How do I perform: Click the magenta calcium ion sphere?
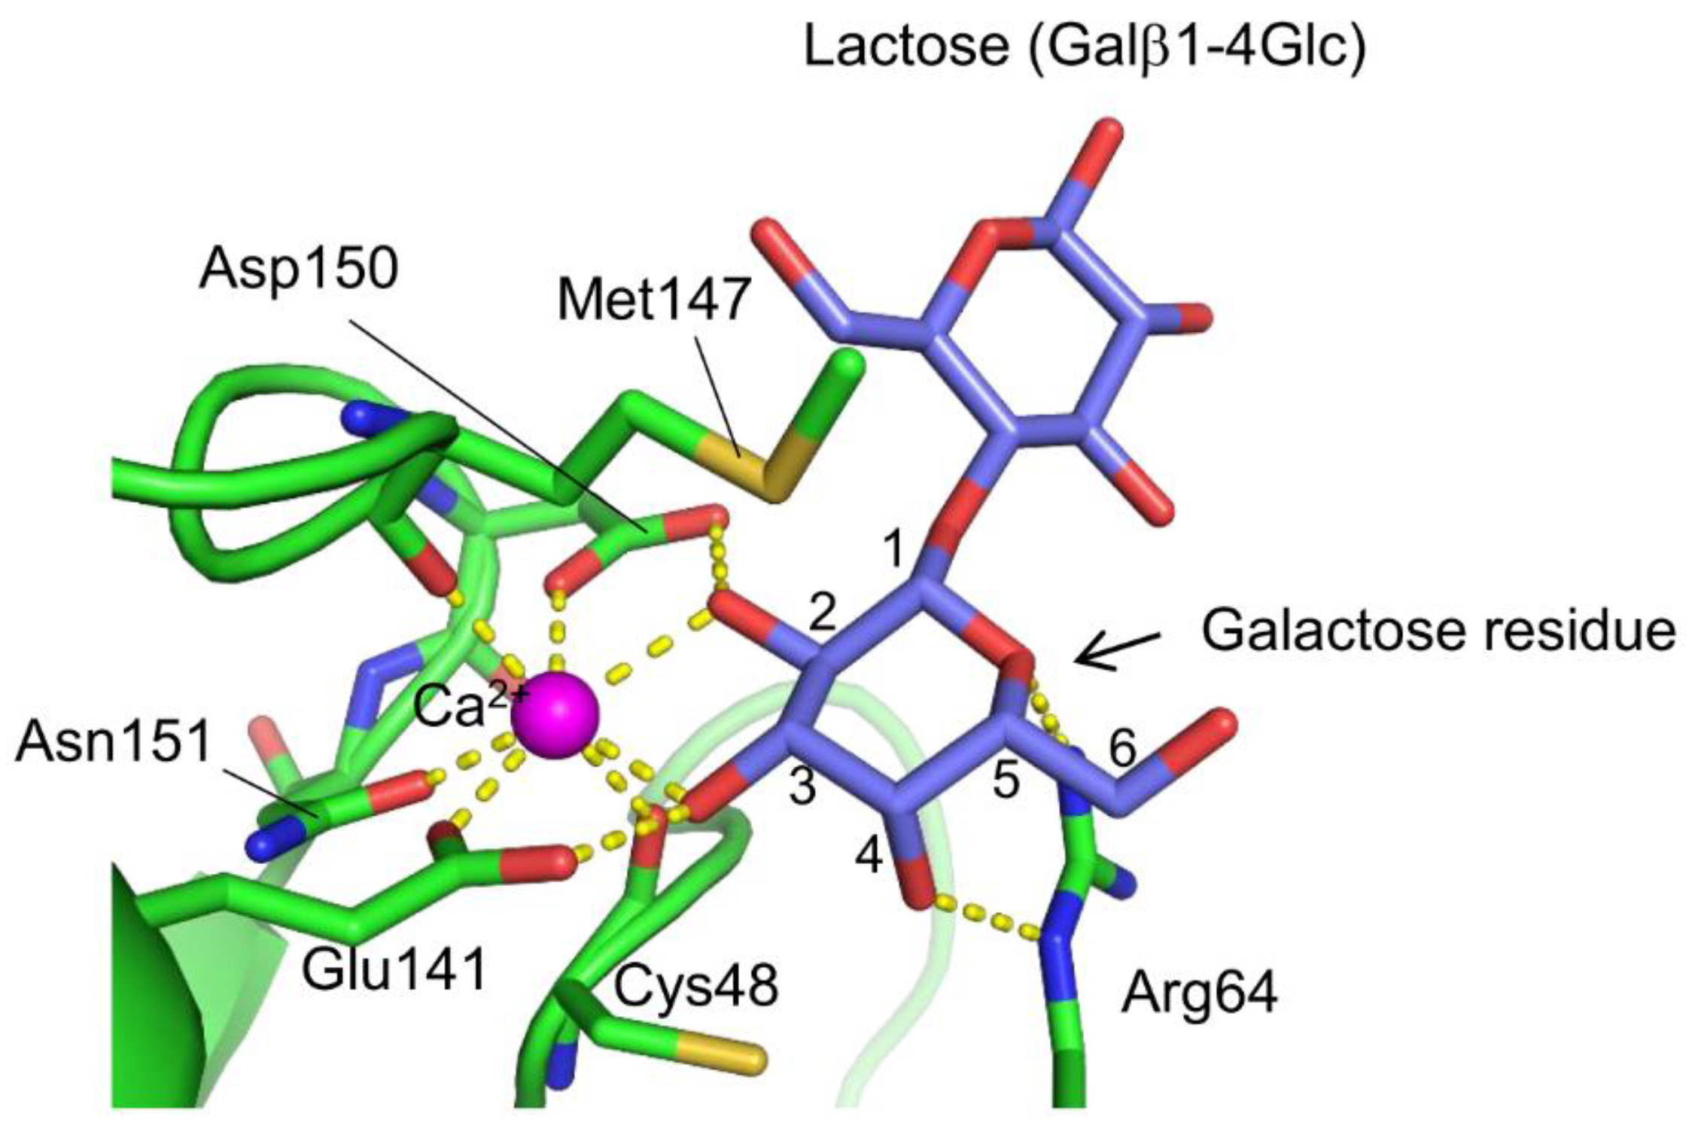555,716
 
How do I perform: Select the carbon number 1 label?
893,550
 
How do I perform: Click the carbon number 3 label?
802,787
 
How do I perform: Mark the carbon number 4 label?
869,856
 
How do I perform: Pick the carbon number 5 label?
1006,781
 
